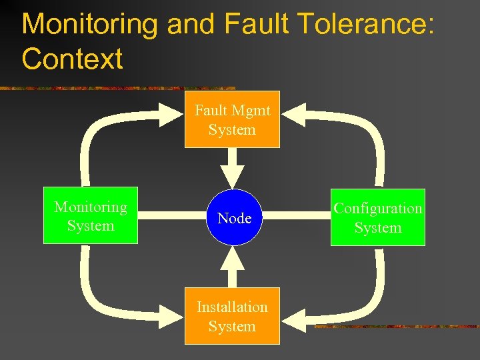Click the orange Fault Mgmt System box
point(232,119)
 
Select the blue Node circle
point(234,217)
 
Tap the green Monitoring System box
point(91,216)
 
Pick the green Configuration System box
point(377,218)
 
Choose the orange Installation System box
point(232,317)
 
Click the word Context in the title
point(72,59)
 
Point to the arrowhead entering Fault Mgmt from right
point(293,115)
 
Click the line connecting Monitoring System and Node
point(173,216)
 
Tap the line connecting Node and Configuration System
point(297,216)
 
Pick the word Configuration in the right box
point(377,208)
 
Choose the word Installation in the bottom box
point(232,307)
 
